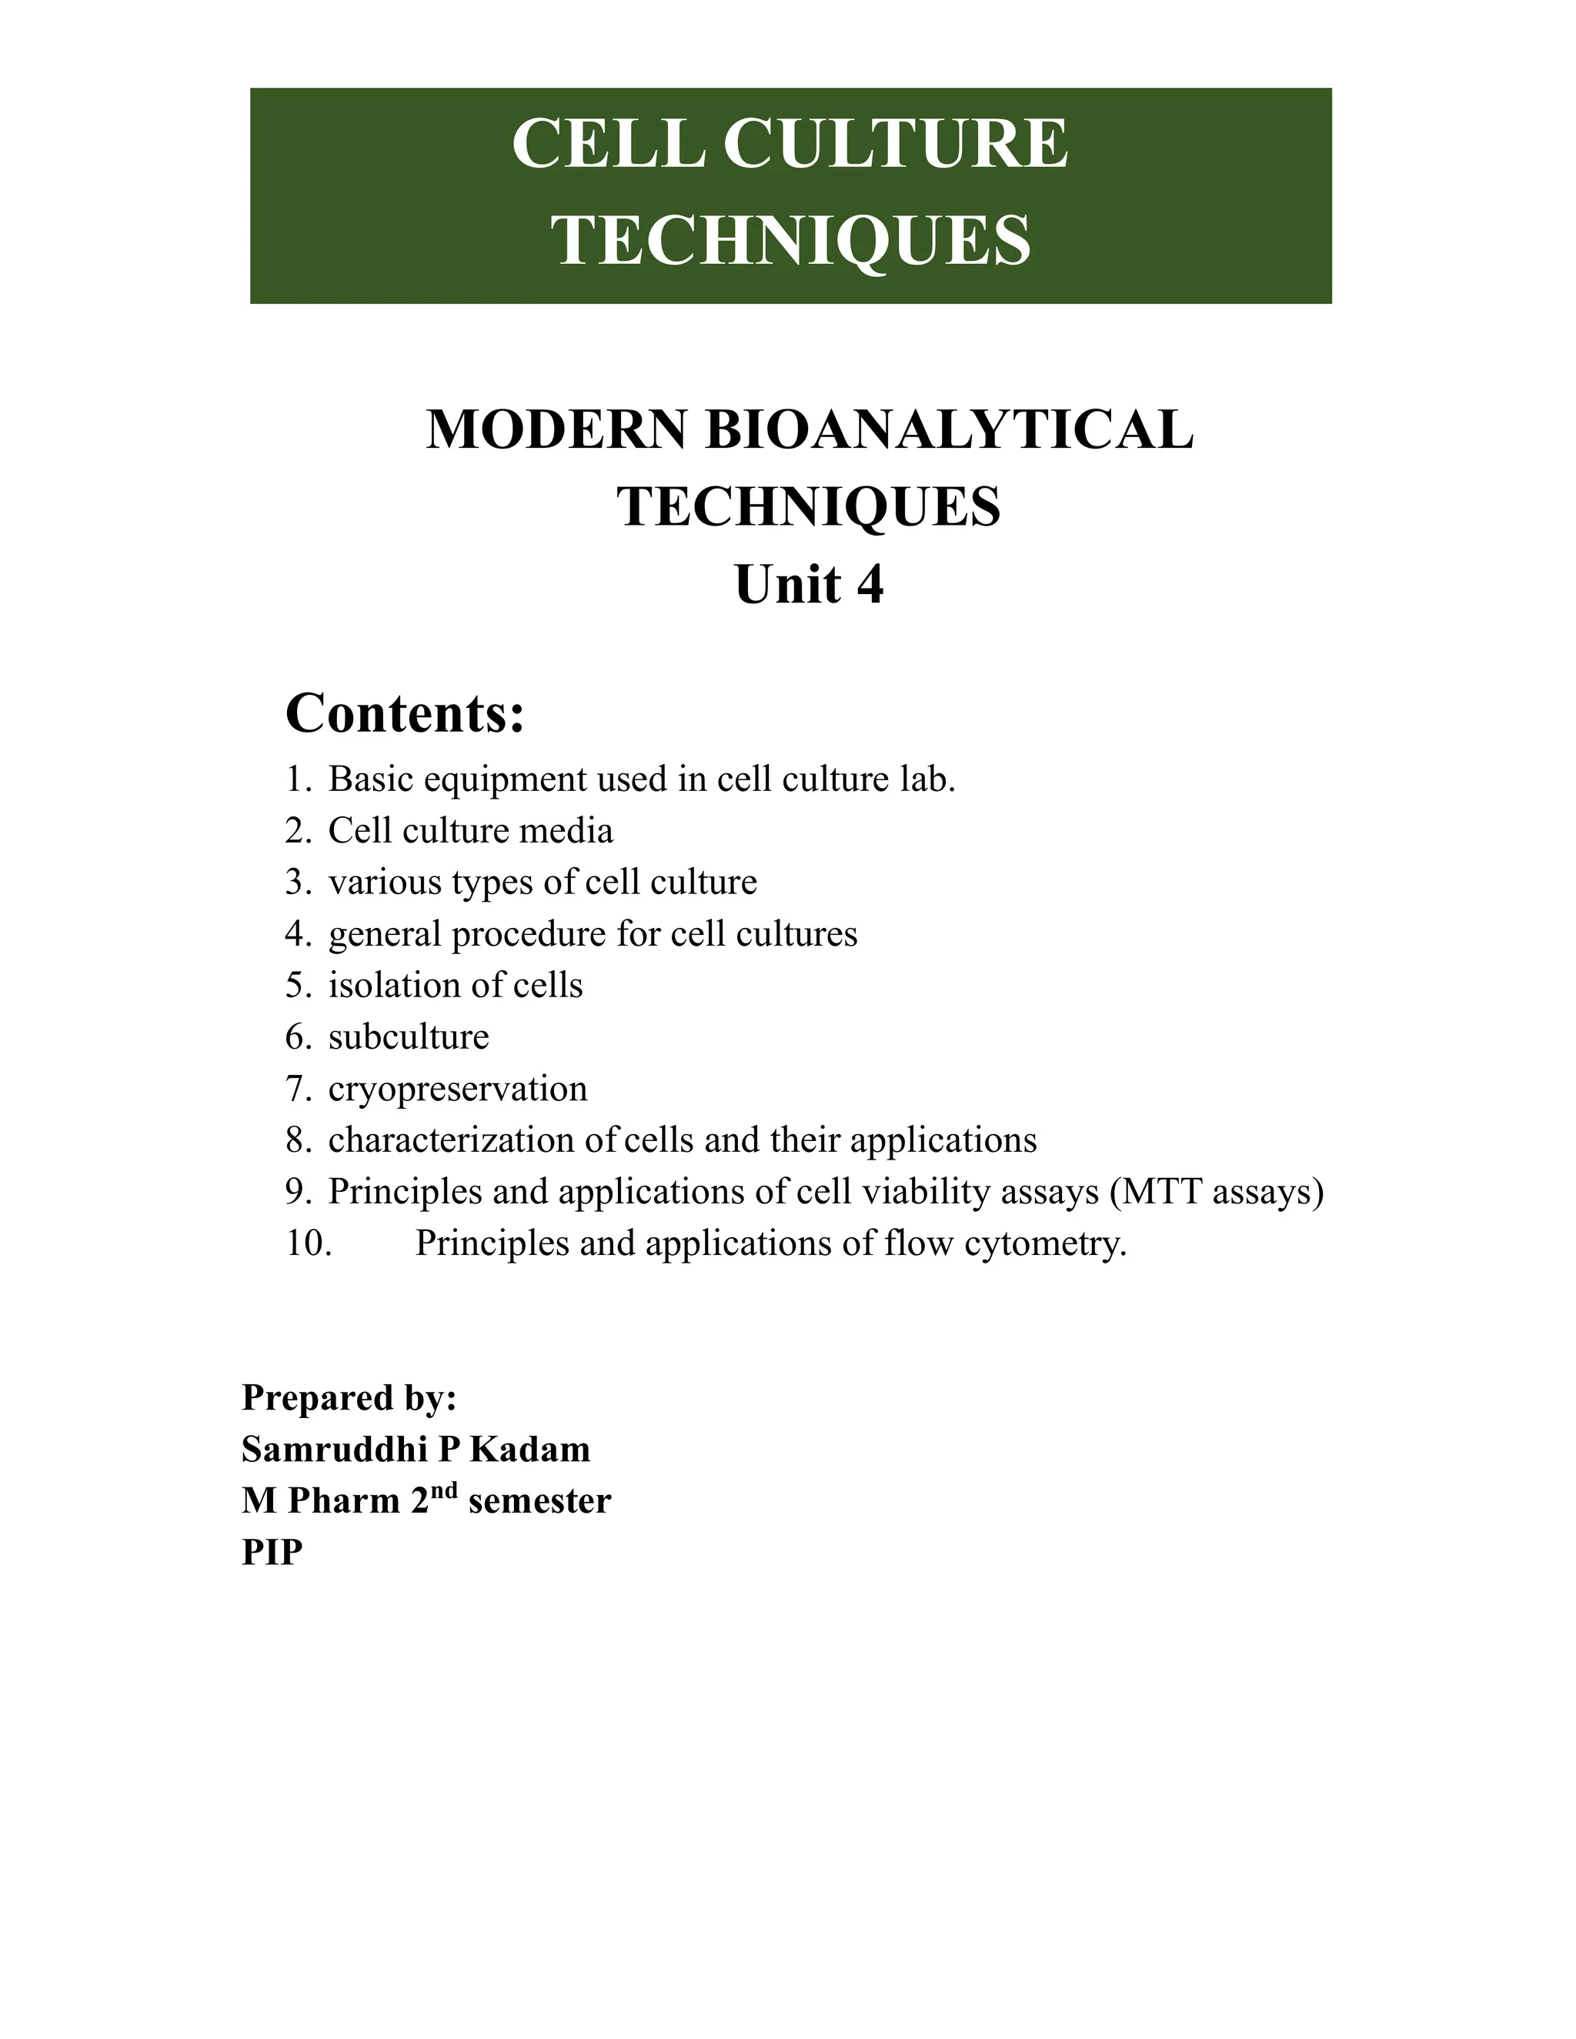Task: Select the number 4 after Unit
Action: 870,586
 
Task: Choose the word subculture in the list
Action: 408,1037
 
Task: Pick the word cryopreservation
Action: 458,1090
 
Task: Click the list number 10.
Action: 308,1243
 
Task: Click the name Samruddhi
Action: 321,1449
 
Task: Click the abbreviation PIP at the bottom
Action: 272,1553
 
